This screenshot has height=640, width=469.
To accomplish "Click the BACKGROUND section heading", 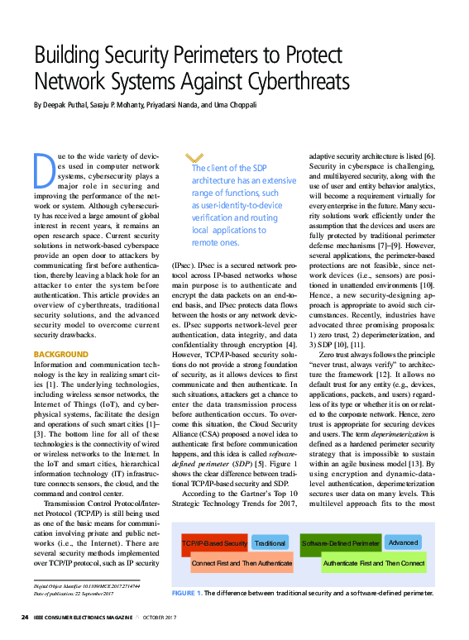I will [x=60, y=354].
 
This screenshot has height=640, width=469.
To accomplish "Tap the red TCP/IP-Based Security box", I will [x=213, y=543].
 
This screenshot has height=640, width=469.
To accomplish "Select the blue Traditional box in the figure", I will [x=270, y=543].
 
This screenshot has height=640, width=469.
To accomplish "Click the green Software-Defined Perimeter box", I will [x=340, y=543].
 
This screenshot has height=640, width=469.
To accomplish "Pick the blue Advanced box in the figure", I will [x=403, y=542].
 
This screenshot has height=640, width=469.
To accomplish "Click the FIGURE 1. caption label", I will [x=186, y=594].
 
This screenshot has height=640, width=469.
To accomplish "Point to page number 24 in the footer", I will [x=25, y=618].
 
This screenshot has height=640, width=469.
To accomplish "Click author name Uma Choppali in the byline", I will [x=234, y=105].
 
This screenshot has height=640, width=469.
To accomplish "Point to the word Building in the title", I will [x=69, y=56].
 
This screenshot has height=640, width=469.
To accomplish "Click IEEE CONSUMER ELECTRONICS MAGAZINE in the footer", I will [x=90, y=618].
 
